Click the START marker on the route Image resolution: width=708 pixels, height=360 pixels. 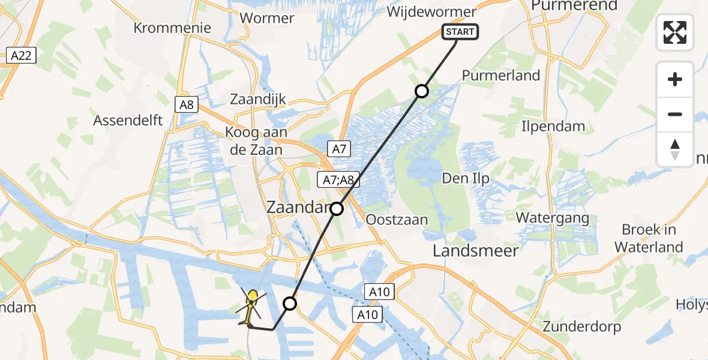460,32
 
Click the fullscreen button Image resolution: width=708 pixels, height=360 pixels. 675,32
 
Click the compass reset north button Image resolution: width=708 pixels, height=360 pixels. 675,149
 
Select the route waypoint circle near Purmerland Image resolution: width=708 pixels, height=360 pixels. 422,91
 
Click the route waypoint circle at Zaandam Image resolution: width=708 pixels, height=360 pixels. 337,209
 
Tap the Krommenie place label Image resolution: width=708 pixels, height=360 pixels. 172,28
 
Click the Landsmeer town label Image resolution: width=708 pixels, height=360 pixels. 476,250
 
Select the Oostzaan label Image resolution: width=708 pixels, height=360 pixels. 397,220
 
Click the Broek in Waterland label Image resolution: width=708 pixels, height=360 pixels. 649,238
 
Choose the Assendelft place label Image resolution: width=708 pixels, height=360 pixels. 128,120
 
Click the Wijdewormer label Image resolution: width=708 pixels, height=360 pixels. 432,12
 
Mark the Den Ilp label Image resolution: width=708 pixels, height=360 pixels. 465,178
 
